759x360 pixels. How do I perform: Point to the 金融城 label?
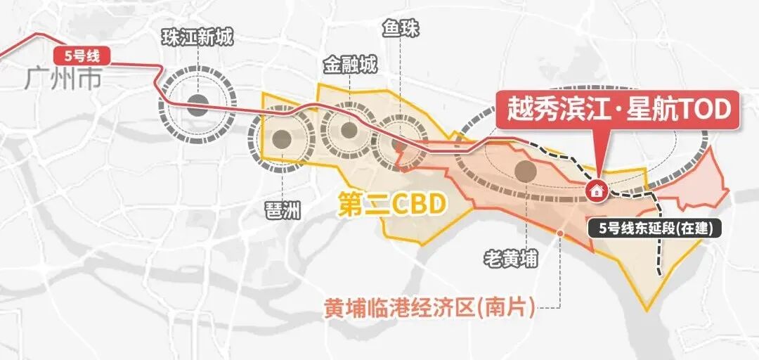tap(349, 65)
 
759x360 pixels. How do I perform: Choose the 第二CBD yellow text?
tap(391, 205)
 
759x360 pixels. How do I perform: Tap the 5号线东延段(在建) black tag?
tap(654, 228)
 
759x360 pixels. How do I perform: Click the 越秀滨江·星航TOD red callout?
tap(618, 110)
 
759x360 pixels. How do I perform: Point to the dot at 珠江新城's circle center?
tap(197, 106)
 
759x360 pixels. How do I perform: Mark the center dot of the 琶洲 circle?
tap(282, 139)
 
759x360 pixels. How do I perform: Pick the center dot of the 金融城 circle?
tap(349, 129)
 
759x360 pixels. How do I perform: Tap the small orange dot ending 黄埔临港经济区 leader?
tap(560, 233)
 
